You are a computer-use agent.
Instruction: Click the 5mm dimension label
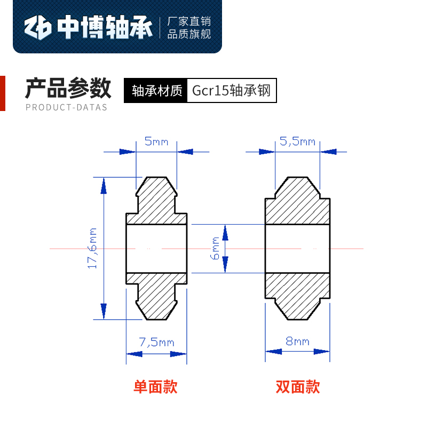point(156,142)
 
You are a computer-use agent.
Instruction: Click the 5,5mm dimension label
point(297,141)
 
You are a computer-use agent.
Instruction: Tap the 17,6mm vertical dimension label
point(93,248)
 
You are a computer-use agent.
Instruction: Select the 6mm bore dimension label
point(215,248)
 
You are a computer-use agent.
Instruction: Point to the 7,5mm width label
point(156,342)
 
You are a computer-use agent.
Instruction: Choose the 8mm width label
point(297,342)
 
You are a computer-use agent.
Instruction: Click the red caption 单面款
point(155,386)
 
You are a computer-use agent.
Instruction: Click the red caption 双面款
point(298,386)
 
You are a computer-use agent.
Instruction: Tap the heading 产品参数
point(68,88)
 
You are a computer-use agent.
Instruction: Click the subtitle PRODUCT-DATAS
point(66,107)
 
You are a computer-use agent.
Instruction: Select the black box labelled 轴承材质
point(157,91)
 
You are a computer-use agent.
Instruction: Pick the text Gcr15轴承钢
point(232,91)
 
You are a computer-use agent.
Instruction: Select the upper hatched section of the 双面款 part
point(298,203)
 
